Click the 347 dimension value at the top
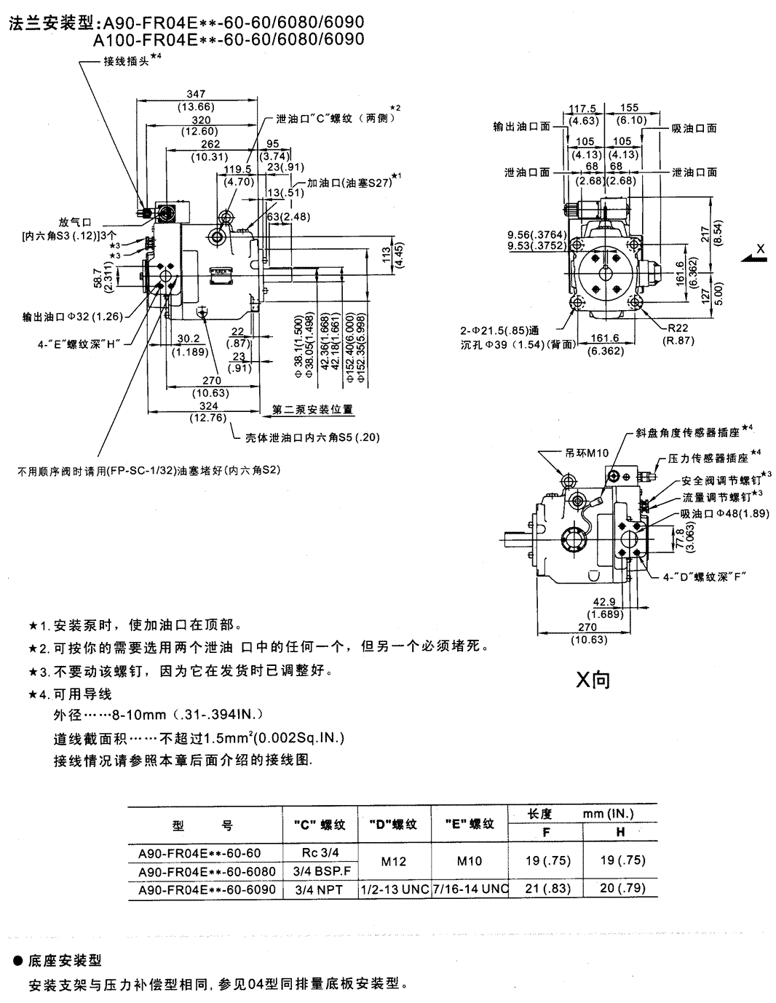[196, 94]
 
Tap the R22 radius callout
[677, 328]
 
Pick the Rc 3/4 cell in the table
[320, 852]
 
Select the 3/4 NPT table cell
[320, 889]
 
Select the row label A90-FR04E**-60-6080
[206, 871]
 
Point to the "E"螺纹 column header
[469, 824]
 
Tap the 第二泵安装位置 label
[312, 409]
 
